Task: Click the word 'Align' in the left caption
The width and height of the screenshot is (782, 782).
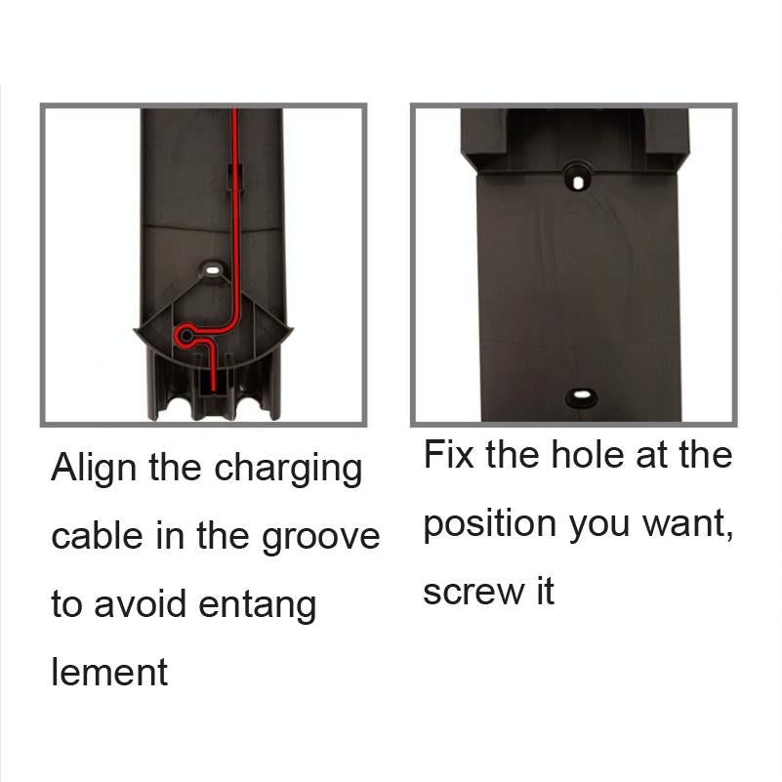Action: tap(95, 470)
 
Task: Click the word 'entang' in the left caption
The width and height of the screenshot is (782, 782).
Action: tap(258, 606)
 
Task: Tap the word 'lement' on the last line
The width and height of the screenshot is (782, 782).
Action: tap(109, 672)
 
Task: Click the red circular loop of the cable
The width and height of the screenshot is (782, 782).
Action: tap(183, 336)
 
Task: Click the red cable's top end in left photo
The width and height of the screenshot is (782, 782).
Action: tap(234, 112)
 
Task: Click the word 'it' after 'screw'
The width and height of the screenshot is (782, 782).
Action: tap(543, 592)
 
